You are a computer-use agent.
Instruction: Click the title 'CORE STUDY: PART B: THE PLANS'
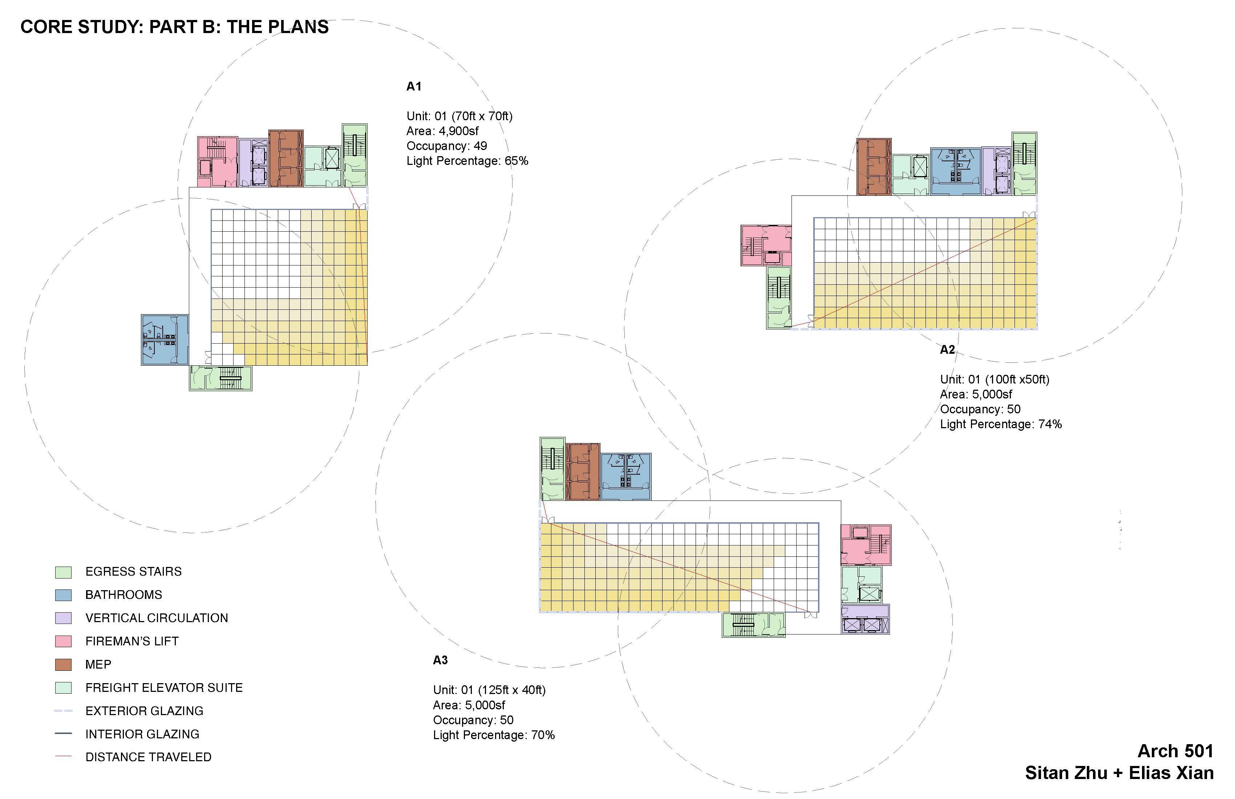(x=174, y=27)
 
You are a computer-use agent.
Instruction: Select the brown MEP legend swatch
(x=63, y=665)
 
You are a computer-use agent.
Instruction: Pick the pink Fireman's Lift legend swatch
(x=63, y=641)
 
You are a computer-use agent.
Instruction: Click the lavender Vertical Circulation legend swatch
(x=63, y=618)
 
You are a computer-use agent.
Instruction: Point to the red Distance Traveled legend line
(x=63, y=757)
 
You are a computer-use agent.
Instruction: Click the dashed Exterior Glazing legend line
(x=63, y=711)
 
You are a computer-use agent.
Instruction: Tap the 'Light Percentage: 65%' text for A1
(x=467, y=161)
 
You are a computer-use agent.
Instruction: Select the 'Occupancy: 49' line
(x=446, y=146)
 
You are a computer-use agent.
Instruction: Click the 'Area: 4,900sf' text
(x=442, y=131)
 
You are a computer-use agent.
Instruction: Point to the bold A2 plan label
(x=947, y=350)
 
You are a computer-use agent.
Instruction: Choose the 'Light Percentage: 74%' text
(x=1000, y=425)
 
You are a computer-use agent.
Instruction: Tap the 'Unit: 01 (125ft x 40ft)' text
(x=489, y=690)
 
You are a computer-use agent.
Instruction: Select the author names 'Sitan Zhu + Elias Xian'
(x=1119, y=773)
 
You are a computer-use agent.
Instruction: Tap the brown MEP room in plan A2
(x=874, y=167)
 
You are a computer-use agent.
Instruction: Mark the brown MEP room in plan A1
(x=286, y=158)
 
